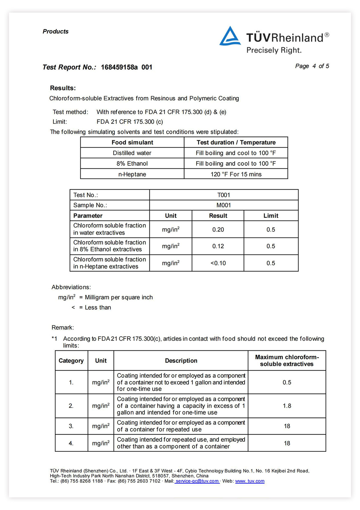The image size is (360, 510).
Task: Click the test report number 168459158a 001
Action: (126, 67)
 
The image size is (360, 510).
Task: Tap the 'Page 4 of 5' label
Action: (312, 66)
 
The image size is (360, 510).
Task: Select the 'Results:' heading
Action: (63, 88)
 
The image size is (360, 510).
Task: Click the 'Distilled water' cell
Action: (132, 153)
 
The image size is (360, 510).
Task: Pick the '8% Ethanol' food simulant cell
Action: (132, 164)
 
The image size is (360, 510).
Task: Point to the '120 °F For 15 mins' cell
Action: (236, 174)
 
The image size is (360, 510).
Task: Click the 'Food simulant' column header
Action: (132, 142)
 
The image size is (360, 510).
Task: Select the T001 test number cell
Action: (223, 195)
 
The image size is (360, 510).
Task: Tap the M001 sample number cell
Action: (223, 205)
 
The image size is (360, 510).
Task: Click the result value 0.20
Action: (218, 230)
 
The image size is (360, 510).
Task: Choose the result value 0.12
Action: (218, 246)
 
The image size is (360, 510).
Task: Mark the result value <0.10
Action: (218, 263)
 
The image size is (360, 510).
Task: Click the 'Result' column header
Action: (218, 216)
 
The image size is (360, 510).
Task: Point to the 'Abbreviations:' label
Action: (71, 287)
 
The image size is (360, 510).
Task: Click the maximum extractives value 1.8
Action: (287, 406)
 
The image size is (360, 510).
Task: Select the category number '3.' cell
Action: (71, 426)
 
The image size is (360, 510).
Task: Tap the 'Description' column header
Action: (181, 361)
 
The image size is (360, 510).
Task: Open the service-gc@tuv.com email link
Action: (197, 481)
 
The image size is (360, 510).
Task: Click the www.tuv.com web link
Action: (250, 481)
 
